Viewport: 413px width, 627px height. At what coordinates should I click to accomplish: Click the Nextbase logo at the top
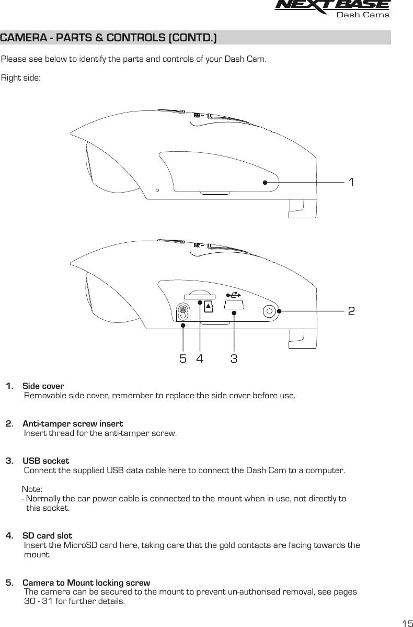click(x=332, y=6)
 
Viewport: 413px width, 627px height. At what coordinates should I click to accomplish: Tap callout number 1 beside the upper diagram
click(x=352, y=183)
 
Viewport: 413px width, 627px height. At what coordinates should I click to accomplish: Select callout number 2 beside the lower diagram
click(x=352, y=311)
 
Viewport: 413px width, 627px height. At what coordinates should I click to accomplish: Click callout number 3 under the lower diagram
click(x=234, y=359)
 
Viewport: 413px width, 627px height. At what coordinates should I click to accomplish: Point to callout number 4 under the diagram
click(x=200, y=359)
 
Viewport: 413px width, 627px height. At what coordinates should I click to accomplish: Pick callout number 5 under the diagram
click(x=182, y=359)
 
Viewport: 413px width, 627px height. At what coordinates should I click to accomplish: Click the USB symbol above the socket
click(x=233, y=295)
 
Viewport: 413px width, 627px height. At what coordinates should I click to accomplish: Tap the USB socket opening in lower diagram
click(x=234, y=304)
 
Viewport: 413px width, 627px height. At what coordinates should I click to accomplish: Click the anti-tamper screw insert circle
click(x=270, y=311)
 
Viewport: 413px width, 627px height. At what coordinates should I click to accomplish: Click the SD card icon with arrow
click(x=209, y=306)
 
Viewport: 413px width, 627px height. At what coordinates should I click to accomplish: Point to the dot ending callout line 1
click(x=265, y=183)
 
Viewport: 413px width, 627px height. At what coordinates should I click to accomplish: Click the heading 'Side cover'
click(x=43, y=386)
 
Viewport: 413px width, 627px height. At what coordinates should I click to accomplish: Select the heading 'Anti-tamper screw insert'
click(x=73, y=423)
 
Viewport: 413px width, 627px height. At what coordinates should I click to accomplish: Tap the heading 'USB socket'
click(x=46, y=461)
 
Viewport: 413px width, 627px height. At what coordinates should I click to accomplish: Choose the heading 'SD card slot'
click(x=48, y=536)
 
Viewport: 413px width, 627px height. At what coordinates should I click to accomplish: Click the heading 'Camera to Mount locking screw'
click(x=86, y=583)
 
